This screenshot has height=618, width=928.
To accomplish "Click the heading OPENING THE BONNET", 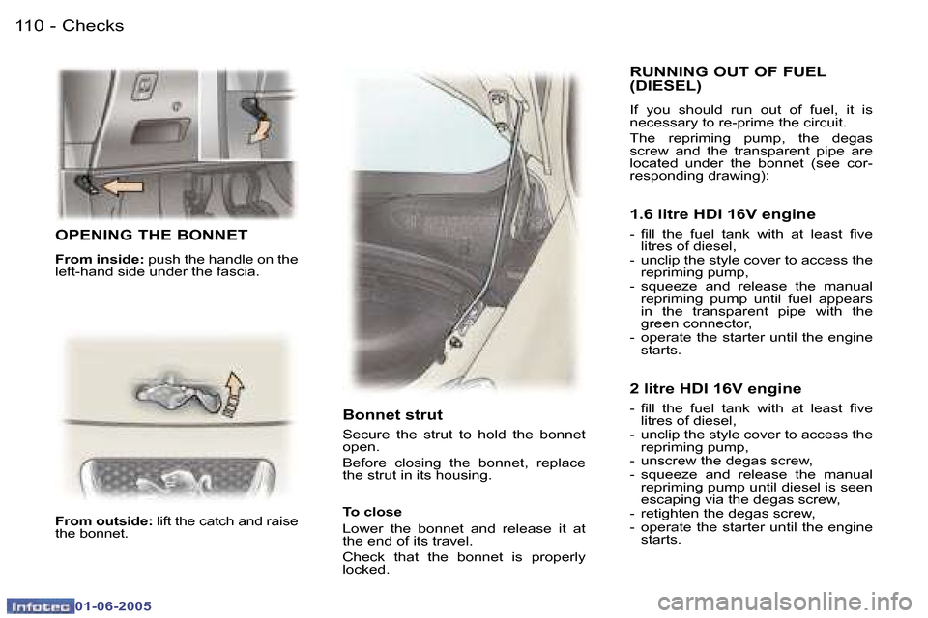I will (152, 235).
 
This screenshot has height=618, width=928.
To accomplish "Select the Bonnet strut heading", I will (392, 415).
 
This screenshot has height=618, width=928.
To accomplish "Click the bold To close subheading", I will (372, 512).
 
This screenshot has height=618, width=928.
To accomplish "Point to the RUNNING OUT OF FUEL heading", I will (727, 71).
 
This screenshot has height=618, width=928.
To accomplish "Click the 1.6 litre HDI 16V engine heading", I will (722, 214).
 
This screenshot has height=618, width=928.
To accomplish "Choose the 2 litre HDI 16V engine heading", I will (715, 389).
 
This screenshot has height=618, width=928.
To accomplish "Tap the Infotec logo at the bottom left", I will (38, 605).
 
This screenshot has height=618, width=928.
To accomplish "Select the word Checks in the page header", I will (93, 26).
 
